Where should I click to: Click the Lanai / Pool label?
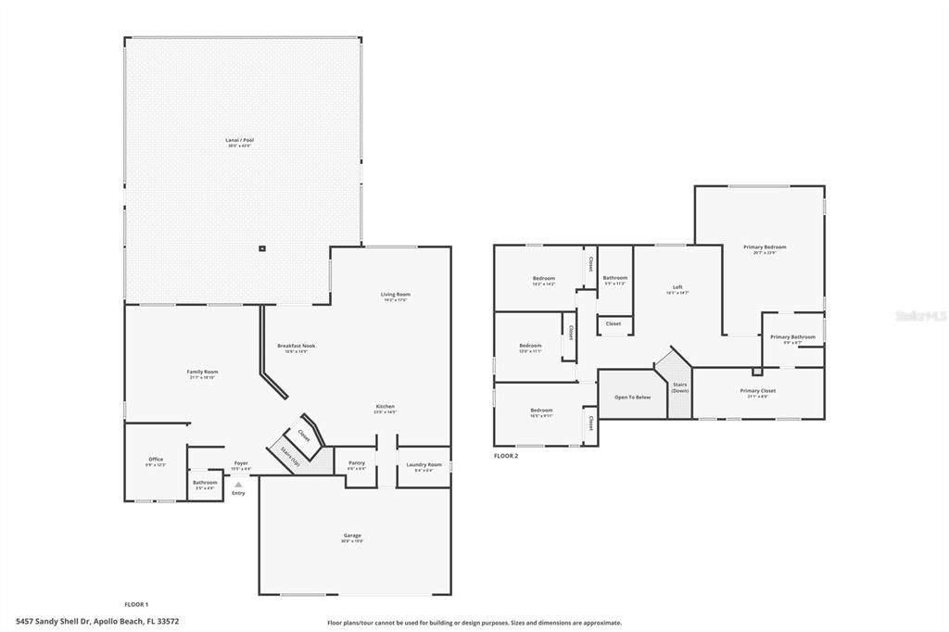[239, 141]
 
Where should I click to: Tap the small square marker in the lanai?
[262, 248]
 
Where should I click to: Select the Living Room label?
[395, 295]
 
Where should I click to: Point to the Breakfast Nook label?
[297, 347]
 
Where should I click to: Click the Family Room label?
[202, 373]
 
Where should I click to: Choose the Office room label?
[156, 460]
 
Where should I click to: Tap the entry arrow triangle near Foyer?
[238, 484]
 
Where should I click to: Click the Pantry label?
[357, 463]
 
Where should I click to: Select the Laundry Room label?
[424, 464]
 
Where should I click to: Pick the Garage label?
[352, 535]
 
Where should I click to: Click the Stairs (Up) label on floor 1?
[284, 457]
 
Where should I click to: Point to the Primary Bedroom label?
[765, 247]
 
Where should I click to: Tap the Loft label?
[677, 287]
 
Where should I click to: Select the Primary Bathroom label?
[792, 337]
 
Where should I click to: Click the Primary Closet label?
[758, 391]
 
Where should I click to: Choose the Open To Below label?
[633, 397]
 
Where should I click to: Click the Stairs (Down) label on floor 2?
[680, 387]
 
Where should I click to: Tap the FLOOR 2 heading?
[506, 456]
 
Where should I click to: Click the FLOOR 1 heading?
[136, 604]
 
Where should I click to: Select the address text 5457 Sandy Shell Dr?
[51, 622]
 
